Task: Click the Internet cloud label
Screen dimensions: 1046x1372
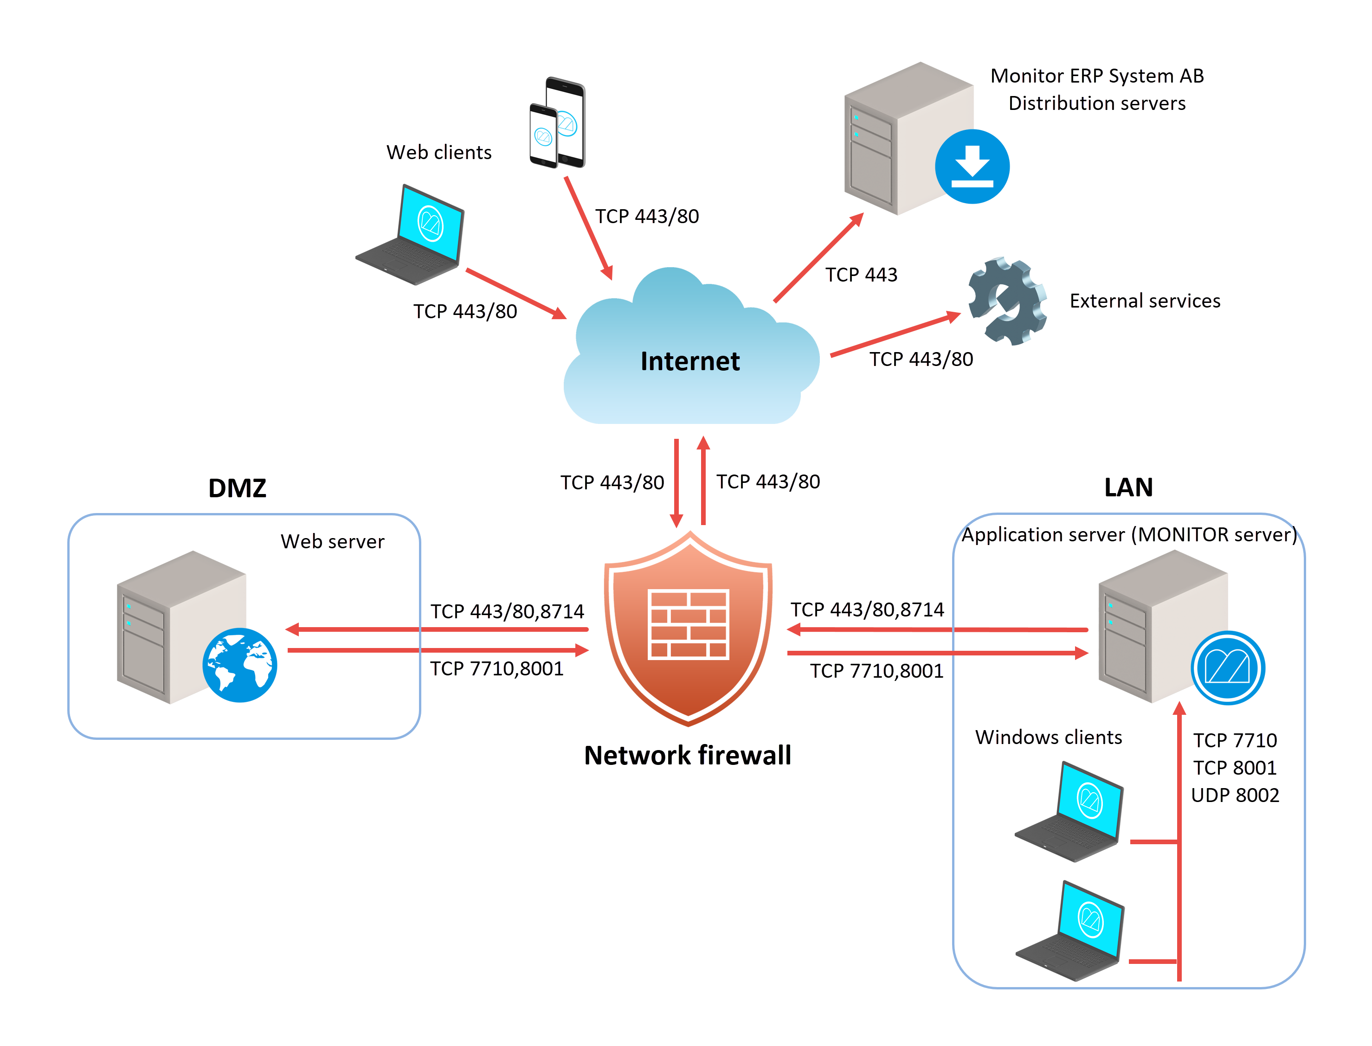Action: [x=689, y=361]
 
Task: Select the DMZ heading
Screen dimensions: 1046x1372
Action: [x=237, y=488]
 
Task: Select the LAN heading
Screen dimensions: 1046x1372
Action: [x=1128, y=487]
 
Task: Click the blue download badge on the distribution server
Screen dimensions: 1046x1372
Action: [x=972, y=166]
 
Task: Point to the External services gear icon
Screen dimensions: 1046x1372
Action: [x=1007, y=302]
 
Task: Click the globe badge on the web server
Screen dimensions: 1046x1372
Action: [x=240, y=665]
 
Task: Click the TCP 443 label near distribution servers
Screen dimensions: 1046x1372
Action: [x=861, y=275]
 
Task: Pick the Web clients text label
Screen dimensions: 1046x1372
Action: [x=438, y=152]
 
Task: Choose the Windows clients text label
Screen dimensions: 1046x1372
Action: [x=1048, y=737]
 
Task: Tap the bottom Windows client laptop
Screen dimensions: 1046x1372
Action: [x=1070, y=932]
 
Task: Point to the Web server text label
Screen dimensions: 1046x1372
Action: [x=332, y=541]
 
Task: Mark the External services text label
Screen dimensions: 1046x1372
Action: [x=1145, y=301]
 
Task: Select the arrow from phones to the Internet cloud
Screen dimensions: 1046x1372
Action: [x=588, y=227]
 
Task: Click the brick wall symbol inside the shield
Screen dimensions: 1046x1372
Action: [x=688, y=624]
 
